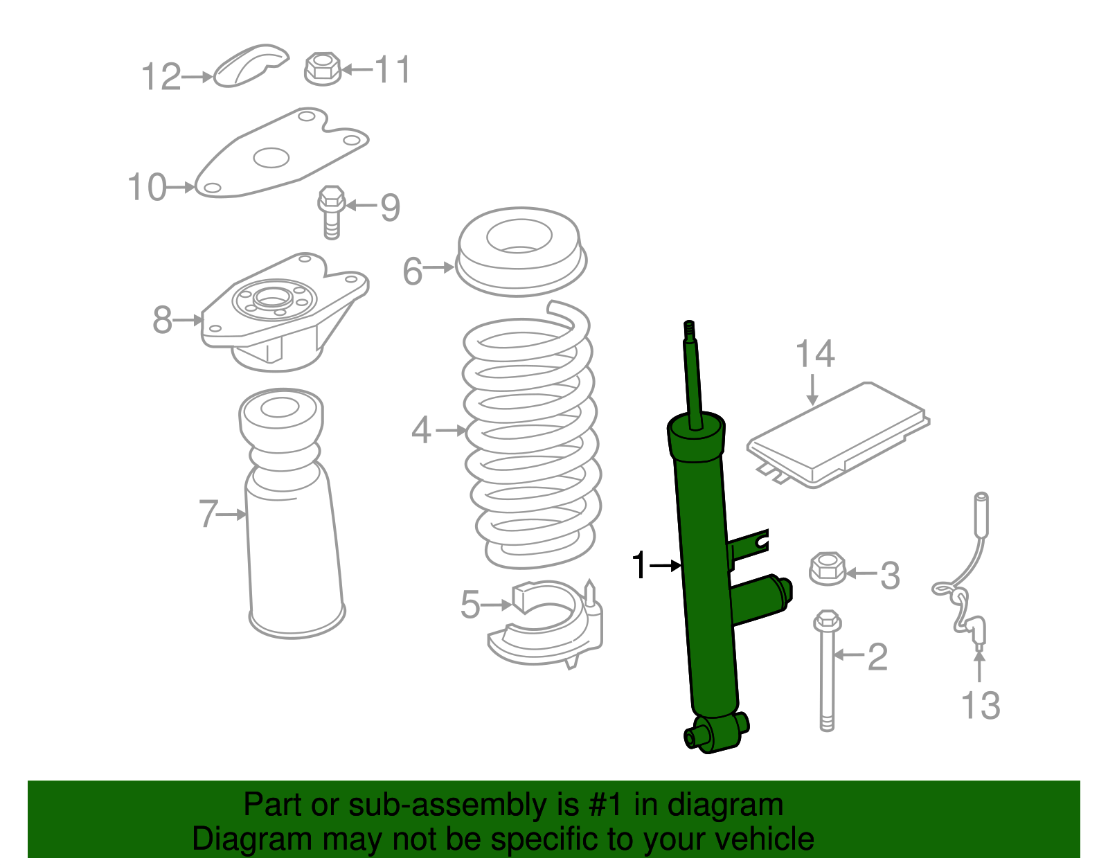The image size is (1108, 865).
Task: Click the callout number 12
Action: pyautogui.click(x=161, y=77)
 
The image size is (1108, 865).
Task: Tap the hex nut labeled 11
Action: pyautogui.click(x=323, y=69)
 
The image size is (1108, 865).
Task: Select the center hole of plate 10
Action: pyautogui.click(x=270, y=158)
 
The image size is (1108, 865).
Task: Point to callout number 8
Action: pyautogui.click(x=162, y=320)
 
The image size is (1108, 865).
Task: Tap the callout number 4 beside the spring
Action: pyautogui.click(x=421, y=430)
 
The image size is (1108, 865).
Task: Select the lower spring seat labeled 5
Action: pyautogui.click(x=547, y=627)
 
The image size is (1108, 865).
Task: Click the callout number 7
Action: pyautogui.click(x=208, y=515)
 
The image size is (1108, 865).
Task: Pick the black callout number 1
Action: pyautogui.click(x=640, y=566)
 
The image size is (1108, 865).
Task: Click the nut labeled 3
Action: pyautogui.click(x=828, y=569)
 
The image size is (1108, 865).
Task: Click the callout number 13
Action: pyautogui.click(x=981, y=706)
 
